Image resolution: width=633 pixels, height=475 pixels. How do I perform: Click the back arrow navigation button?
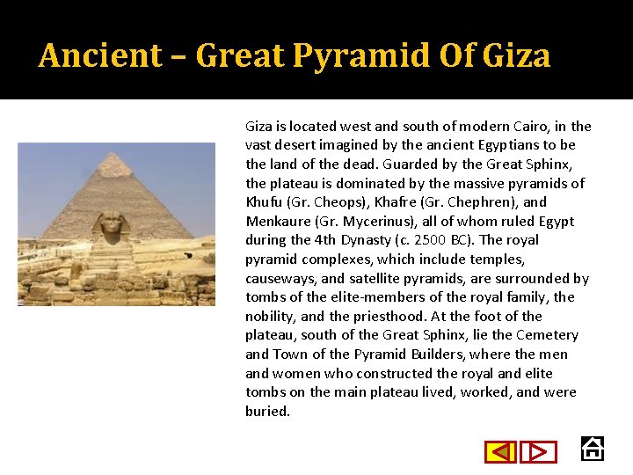(501, 452)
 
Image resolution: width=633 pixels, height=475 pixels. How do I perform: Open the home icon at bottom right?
(593, 449)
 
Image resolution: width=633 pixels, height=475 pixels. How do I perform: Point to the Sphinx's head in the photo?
(112, 224)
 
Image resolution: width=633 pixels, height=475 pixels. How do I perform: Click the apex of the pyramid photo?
(114, 155)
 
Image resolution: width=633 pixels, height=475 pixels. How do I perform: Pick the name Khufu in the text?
(265, 202)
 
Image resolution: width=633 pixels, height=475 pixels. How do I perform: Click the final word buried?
(267, 411)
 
